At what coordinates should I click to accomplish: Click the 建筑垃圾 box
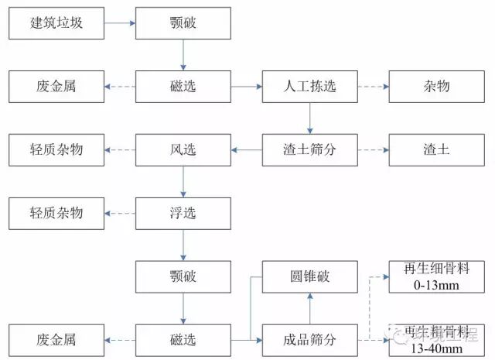click(x=56, y=22)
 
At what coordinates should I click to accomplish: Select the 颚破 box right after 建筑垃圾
click(x=183, y=22)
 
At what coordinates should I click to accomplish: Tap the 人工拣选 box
click(x=309, y=87)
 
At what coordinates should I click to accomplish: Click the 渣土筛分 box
click(x=309, y=149)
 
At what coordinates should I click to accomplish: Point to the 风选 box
click(x=183, y=149)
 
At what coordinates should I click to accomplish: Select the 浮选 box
click(x=183, y=213)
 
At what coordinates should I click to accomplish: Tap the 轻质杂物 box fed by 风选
click(x=56, y=149)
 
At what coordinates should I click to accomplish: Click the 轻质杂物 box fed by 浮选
click(x=56, y=213)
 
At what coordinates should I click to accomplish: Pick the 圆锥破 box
click(x=309, y=276)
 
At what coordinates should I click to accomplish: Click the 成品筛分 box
click(x=309, y=340)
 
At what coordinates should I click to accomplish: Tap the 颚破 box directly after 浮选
click(x=183, y=276)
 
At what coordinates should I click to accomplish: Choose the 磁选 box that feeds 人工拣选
click(x=183, y=87)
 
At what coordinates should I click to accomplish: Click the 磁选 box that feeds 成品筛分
click(x=183, y=340)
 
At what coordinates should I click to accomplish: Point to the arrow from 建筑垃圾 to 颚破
click(x=119, y=22)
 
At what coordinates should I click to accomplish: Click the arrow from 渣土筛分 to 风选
click(x=246, y=149)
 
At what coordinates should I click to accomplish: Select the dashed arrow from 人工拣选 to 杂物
click(x=373, y=87)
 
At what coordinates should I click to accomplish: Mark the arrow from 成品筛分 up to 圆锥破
click(x=309, y=308)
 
